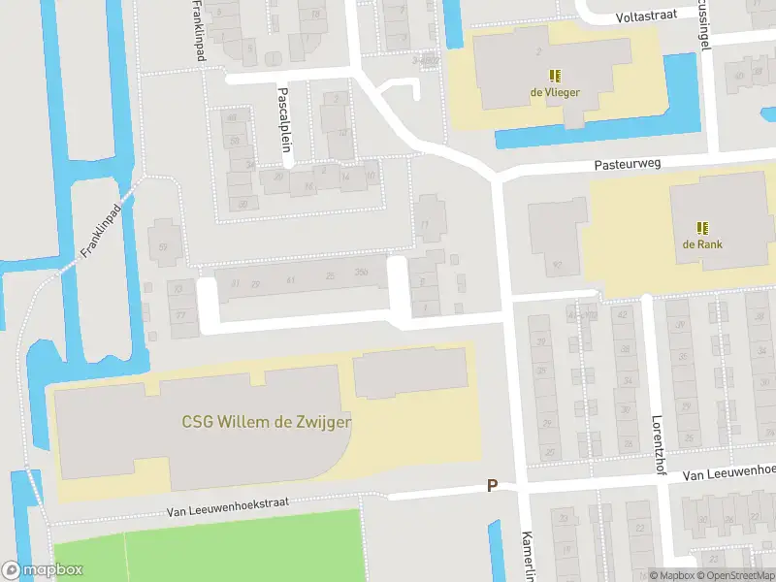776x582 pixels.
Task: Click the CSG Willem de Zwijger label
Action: pos(267,422)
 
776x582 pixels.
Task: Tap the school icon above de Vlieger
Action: pos(555,75)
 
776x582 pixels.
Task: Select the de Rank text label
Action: pos(702,244)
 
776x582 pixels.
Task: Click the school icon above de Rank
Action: pos(702,227)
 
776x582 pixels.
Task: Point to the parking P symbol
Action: pos(492,486)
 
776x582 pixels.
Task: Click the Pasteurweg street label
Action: pos(628,165)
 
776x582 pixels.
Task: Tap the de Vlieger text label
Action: pos(554,93)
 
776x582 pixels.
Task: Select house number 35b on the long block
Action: pos(362,274)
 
